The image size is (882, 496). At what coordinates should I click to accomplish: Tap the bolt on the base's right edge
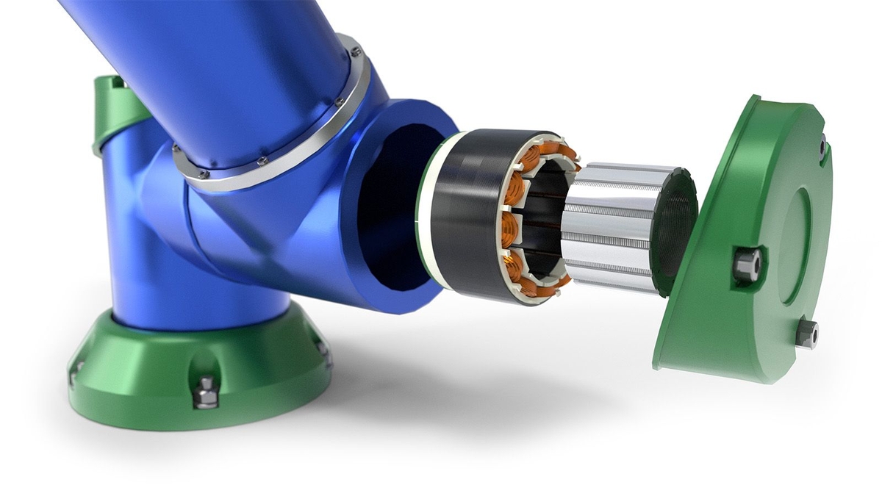tap(322, 351)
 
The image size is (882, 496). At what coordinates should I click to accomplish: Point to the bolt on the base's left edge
tap(74, 373)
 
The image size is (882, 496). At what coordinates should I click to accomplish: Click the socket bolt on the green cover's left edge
tap(746, 265)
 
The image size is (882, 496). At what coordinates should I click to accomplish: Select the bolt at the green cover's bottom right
tap(807, 334)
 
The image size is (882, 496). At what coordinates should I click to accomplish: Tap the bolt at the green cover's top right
tap(822, 147)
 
